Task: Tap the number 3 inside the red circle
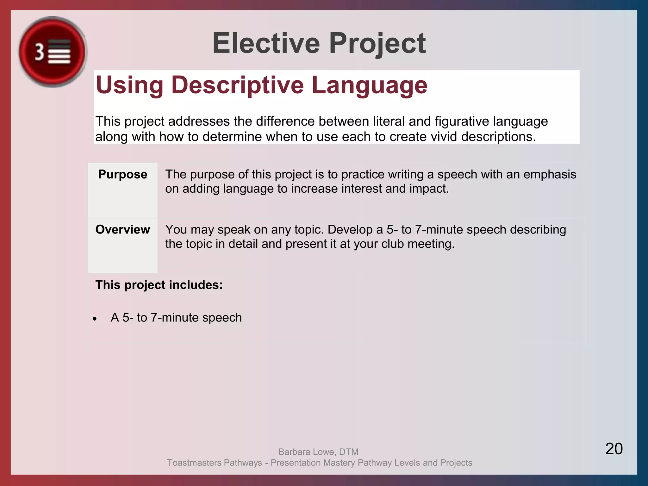pos(39,52)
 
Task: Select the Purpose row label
pos(122,174)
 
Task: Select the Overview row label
pos(122,229)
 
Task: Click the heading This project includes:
pos(159,285)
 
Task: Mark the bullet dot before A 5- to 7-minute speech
pos(95,319)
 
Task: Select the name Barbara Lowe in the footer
pos(306,452)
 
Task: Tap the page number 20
pos(614,449)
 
